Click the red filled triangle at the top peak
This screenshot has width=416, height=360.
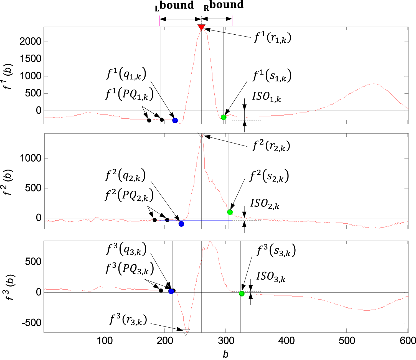pos(201,27)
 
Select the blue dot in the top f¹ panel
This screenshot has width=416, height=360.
pos(175,120)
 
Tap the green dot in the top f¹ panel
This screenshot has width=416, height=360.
pos(224,117)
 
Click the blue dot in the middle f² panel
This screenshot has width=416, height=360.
pos(181,224)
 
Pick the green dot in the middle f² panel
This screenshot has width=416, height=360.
pos(230,212)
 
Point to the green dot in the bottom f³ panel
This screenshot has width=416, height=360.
pos(242,293)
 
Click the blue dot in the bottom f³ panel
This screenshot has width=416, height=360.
pos(171,291)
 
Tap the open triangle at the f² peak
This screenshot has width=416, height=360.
pos(201,135)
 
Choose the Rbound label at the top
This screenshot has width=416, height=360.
pos(224,6)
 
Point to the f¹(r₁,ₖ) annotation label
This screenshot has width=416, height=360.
pos(273,37)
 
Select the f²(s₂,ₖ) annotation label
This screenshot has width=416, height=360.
pos(269,176)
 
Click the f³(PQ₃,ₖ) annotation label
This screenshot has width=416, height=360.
pos(129,269)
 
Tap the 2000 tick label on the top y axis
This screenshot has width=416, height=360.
pos(30,42)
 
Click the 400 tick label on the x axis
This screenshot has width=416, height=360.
pos(286,341)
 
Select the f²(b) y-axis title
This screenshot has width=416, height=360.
pos(9,182)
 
